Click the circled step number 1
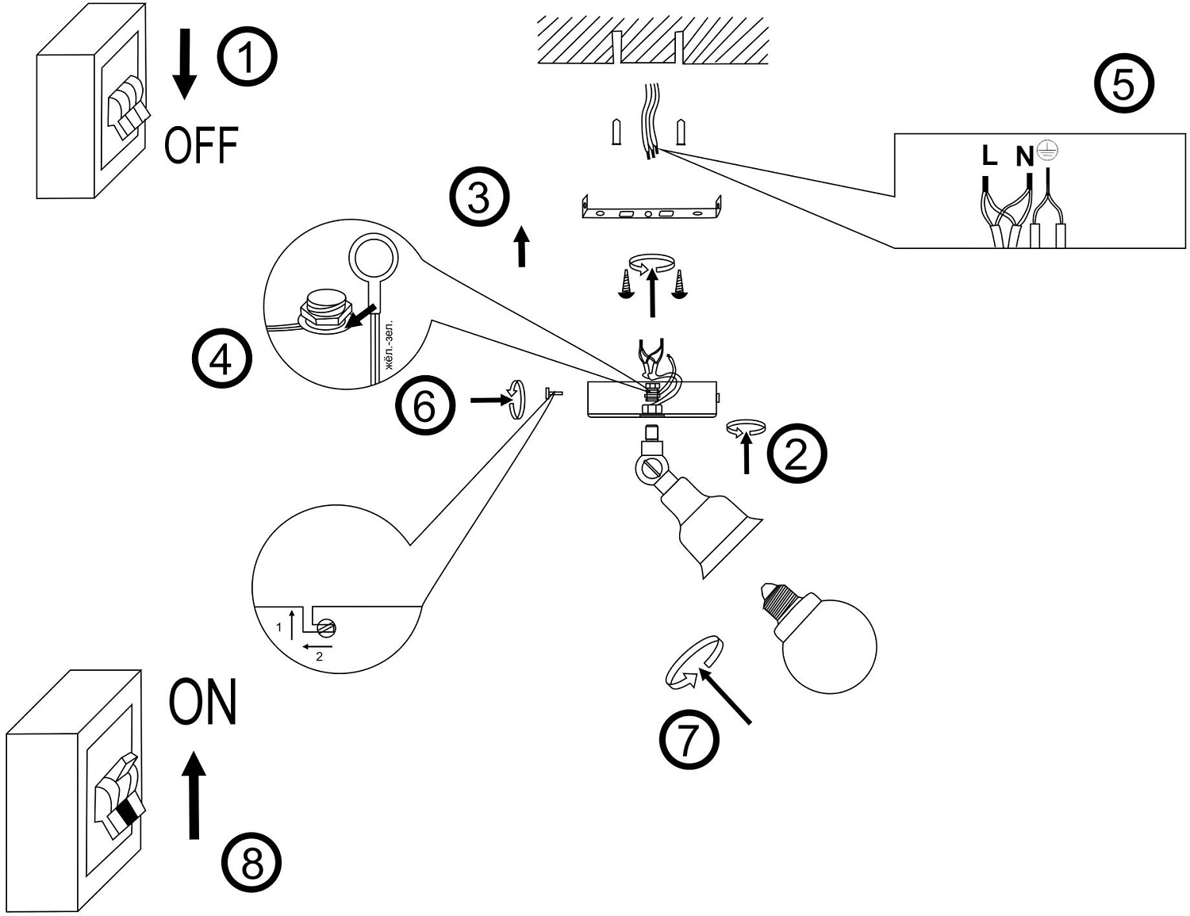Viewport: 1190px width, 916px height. click(x=248, y=57)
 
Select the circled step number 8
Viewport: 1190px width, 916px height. click(x=251, y=864)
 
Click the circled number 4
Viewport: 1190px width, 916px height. click(x=222, y=359)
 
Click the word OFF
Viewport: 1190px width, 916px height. click(x=202, y=145)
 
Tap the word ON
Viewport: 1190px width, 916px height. click(x=203, y=702)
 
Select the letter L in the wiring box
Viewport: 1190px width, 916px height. click(x=989, y=156)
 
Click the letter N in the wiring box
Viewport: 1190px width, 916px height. click(x=1025, y=156)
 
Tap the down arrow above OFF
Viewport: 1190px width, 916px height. click(x=186, y=64)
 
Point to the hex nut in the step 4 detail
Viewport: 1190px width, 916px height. click(x=323, y=315)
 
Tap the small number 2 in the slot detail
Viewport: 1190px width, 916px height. click(x=319, y=657)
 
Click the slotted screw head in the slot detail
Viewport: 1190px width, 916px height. click(x=327, y=628)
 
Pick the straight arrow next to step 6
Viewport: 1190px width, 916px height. click(x=489, y=401)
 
